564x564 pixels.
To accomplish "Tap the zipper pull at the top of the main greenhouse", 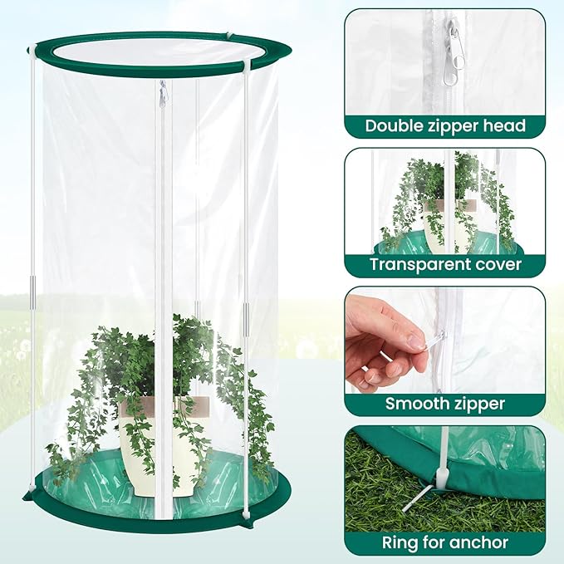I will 163,93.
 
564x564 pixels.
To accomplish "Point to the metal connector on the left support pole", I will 33,294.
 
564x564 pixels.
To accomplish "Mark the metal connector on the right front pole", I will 246,320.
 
